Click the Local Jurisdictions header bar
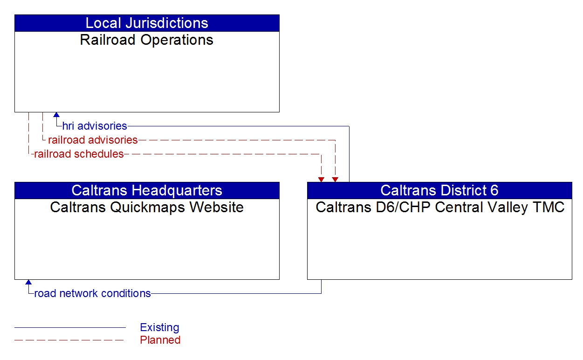147,23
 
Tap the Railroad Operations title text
147,40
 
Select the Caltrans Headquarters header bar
147,190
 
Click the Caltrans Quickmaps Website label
147,207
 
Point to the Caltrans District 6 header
439,190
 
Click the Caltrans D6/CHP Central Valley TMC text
439,207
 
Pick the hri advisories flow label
95,126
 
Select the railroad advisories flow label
93,140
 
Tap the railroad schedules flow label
79,154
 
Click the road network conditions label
92,293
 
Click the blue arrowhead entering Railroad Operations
56,115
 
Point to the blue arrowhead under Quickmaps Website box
28,282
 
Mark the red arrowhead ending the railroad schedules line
321,180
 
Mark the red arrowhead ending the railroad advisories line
335,180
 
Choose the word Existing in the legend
159,327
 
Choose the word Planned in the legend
160,340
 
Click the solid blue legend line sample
70,327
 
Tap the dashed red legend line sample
70,340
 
